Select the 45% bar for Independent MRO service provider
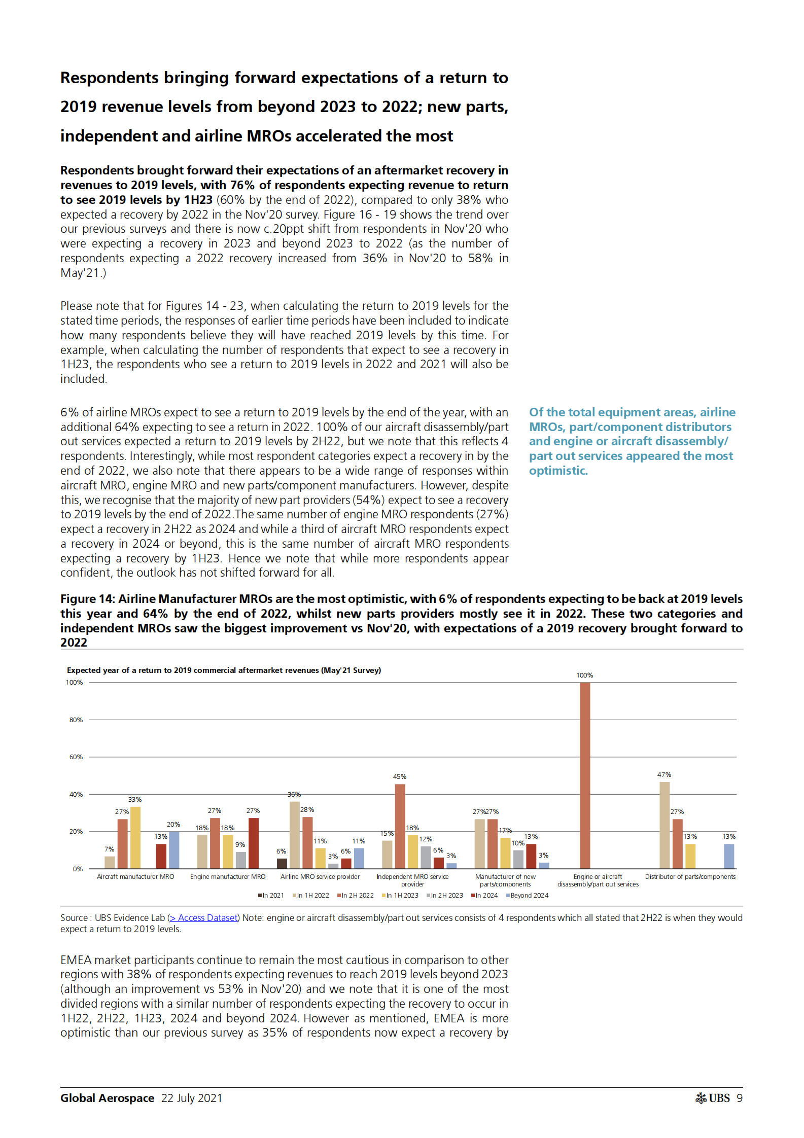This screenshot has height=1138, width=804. coord(400,826)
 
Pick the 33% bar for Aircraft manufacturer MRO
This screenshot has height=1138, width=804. coord(135,837)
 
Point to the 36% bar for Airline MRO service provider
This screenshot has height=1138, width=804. coord(294,835)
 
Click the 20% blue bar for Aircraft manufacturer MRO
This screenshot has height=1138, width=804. coord(173,849)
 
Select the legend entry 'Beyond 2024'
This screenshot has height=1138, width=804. coord(529,895)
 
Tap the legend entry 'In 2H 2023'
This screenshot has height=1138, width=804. coord(446,895)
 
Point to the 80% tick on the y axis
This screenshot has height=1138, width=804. coord(76,720)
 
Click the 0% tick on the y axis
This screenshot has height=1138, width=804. coord(78,869)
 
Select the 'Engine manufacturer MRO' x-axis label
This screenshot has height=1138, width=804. coord(227,876)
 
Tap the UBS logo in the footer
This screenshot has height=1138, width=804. coord(712,1098)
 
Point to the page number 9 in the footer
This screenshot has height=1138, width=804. coord(740,1098)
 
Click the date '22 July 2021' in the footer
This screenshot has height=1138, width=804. coord(192,1098)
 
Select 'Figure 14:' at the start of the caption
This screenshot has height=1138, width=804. coord(87,599)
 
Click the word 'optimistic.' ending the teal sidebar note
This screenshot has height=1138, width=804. coord(558,471)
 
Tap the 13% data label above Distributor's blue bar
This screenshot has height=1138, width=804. coord(728,836)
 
